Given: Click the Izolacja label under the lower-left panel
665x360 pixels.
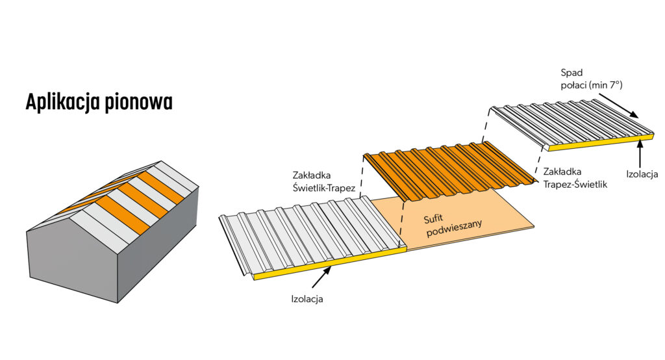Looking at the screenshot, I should click(307, 300).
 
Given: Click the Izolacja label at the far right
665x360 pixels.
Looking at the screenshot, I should click(642, 174).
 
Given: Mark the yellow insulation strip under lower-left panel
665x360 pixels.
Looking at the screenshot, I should click(325, 264).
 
